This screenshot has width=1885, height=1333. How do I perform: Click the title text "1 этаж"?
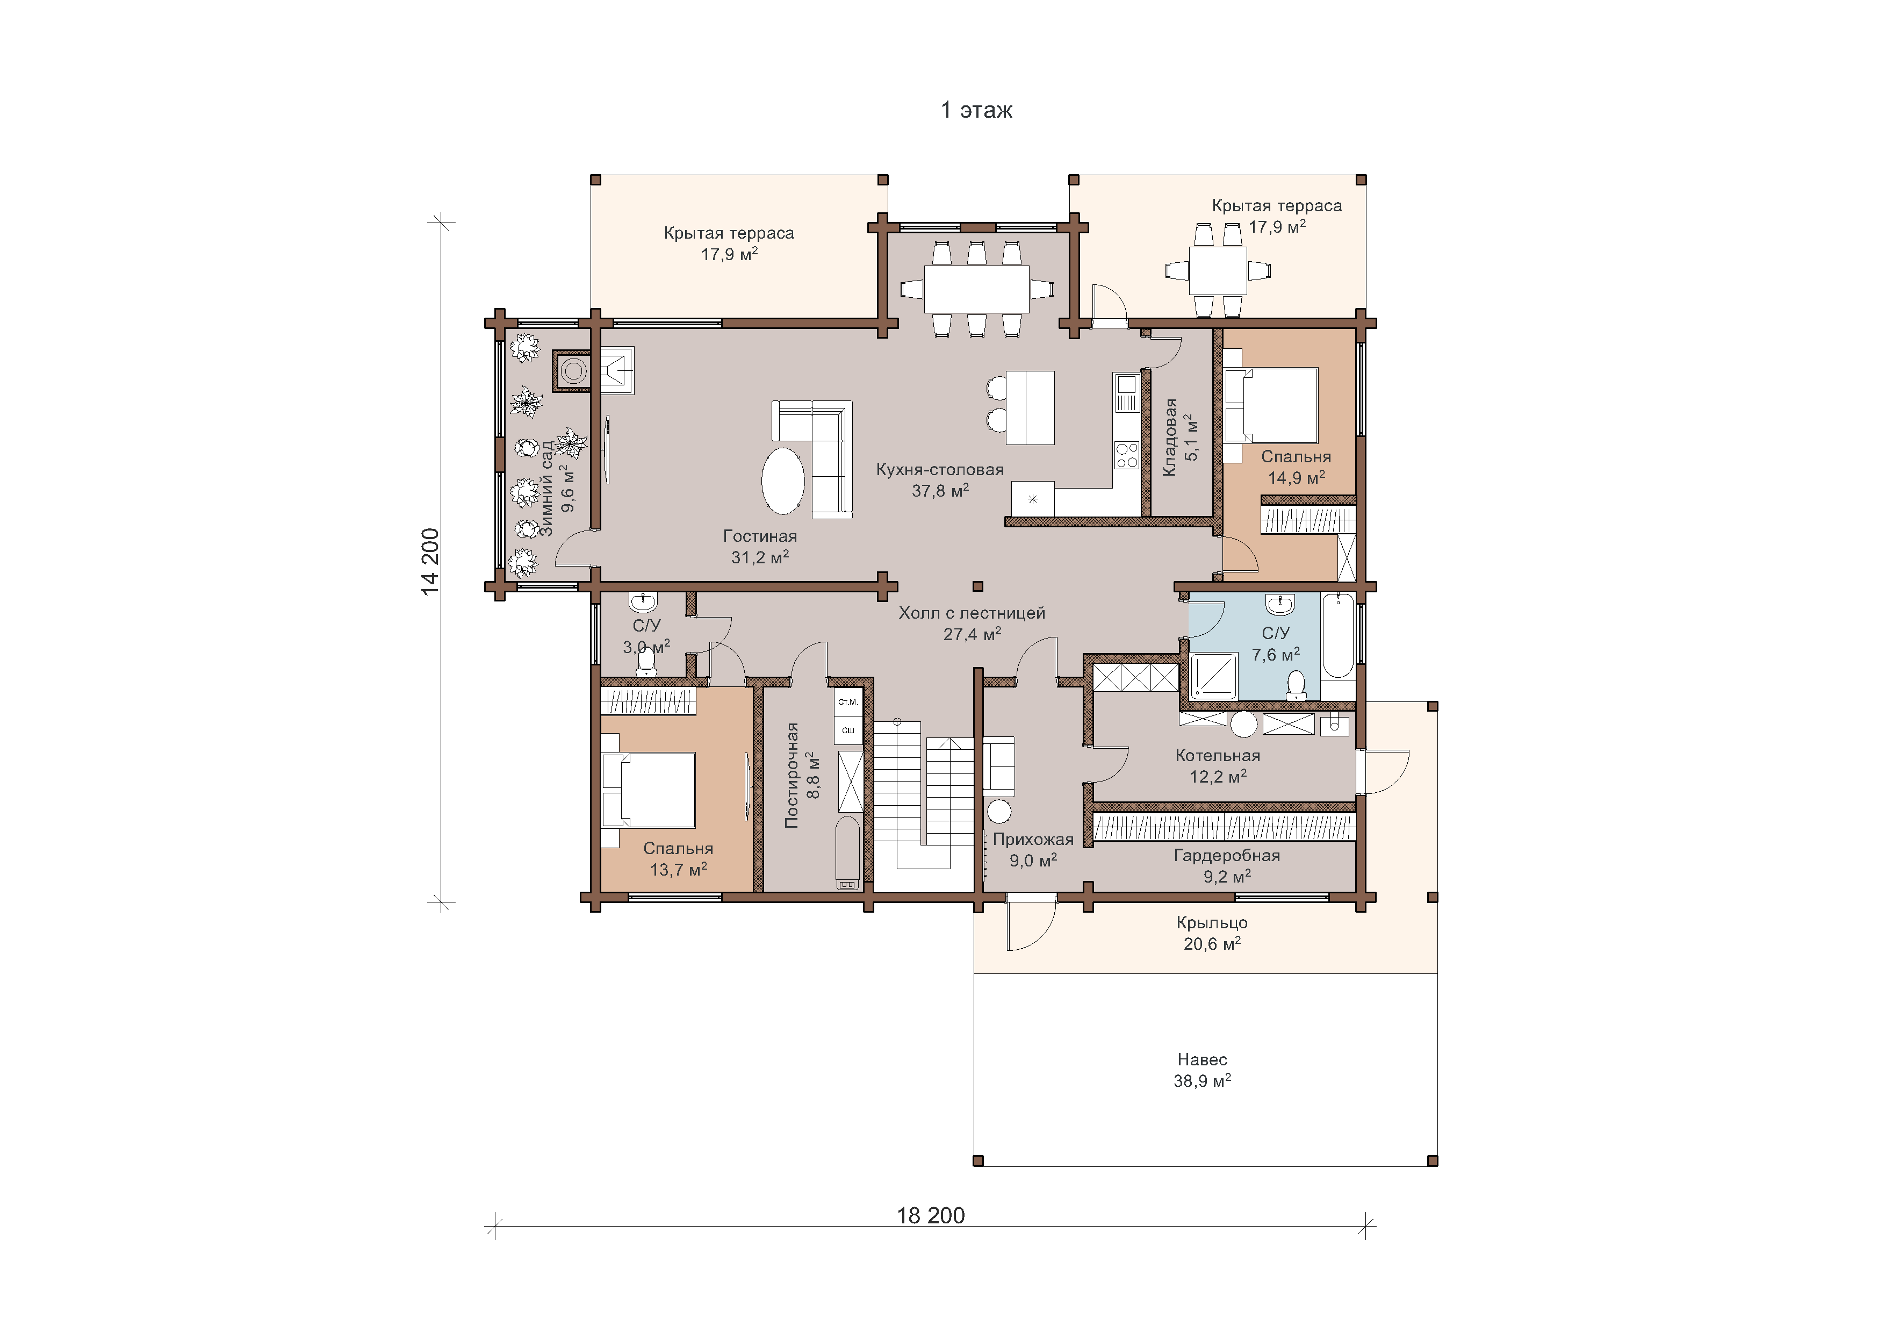(x=976, y=110)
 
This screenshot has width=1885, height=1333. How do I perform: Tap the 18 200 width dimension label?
(x=930, y=1215)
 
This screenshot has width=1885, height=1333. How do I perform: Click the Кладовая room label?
(x=1170, y=437)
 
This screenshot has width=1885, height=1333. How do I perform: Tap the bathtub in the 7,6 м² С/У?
(x=1337, y=635)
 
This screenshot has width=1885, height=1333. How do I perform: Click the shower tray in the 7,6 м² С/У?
(x=1213, y=677)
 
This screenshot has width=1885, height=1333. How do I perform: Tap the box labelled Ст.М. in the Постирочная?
(x=848, y=702)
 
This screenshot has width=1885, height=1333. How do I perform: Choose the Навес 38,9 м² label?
(x=1202, y=1070)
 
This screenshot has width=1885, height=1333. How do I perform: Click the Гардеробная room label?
(x=1227, y=855)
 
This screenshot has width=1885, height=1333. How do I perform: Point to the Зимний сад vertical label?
(x=547, y=488)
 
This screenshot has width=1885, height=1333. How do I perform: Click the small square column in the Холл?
(x=978, y=586)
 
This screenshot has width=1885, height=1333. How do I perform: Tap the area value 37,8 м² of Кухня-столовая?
(x=940, y=490)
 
